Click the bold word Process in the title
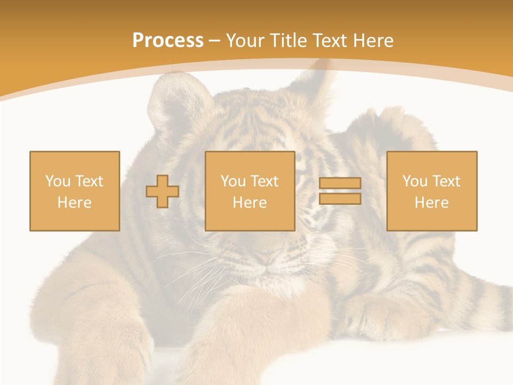[168, 41]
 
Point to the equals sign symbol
[340, 191]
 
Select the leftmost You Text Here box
[75, 191]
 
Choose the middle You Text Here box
[250, 191]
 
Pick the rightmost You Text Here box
[432, 191]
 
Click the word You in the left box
[57, 181]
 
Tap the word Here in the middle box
[250, 203]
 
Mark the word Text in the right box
[446, 181]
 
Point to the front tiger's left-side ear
[168, 102]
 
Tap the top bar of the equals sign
[340, 183]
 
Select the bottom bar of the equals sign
[340, 198]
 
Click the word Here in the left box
[75, 203]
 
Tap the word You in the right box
[414, 181]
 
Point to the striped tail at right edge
[494, 305]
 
